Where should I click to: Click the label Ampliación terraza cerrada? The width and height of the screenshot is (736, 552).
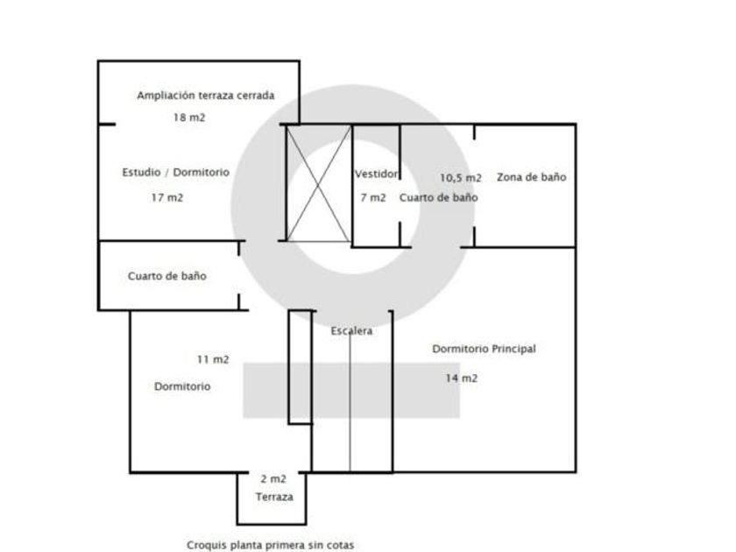pyautogui.click(x=206, y=96)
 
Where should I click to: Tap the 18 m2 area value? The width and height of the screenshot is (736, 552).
pyautogui.click(x=188, y=117)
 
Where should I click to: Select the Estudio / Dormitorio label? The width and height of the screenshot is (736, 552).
pyautogui.click(x=175, y=173)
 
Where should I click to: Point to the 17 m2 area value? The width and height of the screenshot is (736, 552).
pyautogui.click(x=166, y=198)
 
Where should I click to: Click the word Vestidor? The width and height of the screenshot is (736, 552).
pyautogui.click(x=377, y=173)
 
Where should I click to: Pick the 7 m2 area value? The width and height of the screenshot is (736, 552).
pyautogui.click(x=372, y=198)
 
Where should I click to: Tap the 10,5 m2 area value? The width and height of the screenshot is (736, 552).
pyautogui.click(x=460, y=177)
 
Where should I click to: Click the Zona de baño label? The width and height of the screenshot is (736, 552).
pyautogui.click(x=531, y=177)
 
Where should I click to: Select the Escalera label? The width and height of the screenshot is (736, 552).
pyautogui.click(x=351, y=331)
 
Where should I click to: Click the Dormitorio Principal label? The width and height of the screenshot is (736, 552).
pyautogui.click(x=484, y=349)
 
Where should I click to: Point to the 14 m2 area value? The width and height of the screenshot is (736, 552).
pyautogui.click(x=462, y=379)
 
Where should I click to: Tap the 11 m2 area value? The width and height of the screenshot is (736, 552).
pyautogui.click(x=213, y=359)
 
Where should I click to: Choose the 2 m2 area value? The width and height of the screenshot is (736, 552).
pyautogui.click(x=273, y=479)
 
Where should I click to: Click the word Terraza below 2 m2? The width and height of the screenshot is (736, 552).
pyautogui.click(x=274, y=497)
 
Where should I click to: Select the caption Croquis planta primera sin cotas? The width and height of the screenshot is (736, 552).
pyautogui.click(x=270, y=544)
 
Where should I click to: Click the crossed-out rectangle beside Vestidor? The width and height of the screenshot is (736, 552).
pyautogui.click(x=318, y=183)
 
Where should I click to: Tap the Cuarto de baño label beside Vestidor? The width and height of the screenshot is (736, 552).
pyautogui.click(x=438, y=198)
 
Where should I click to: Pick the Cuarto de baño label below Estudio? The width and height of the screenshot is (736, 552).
pyautogui.click(x=166, y=276)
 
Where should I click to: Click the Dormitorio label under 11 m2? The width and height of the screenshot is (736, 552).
pyautogui.click(x=182, y=386)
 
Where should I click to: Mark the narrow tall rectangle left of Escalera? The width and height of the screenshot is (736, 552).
pyautogui.click(x=301, y=367)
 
